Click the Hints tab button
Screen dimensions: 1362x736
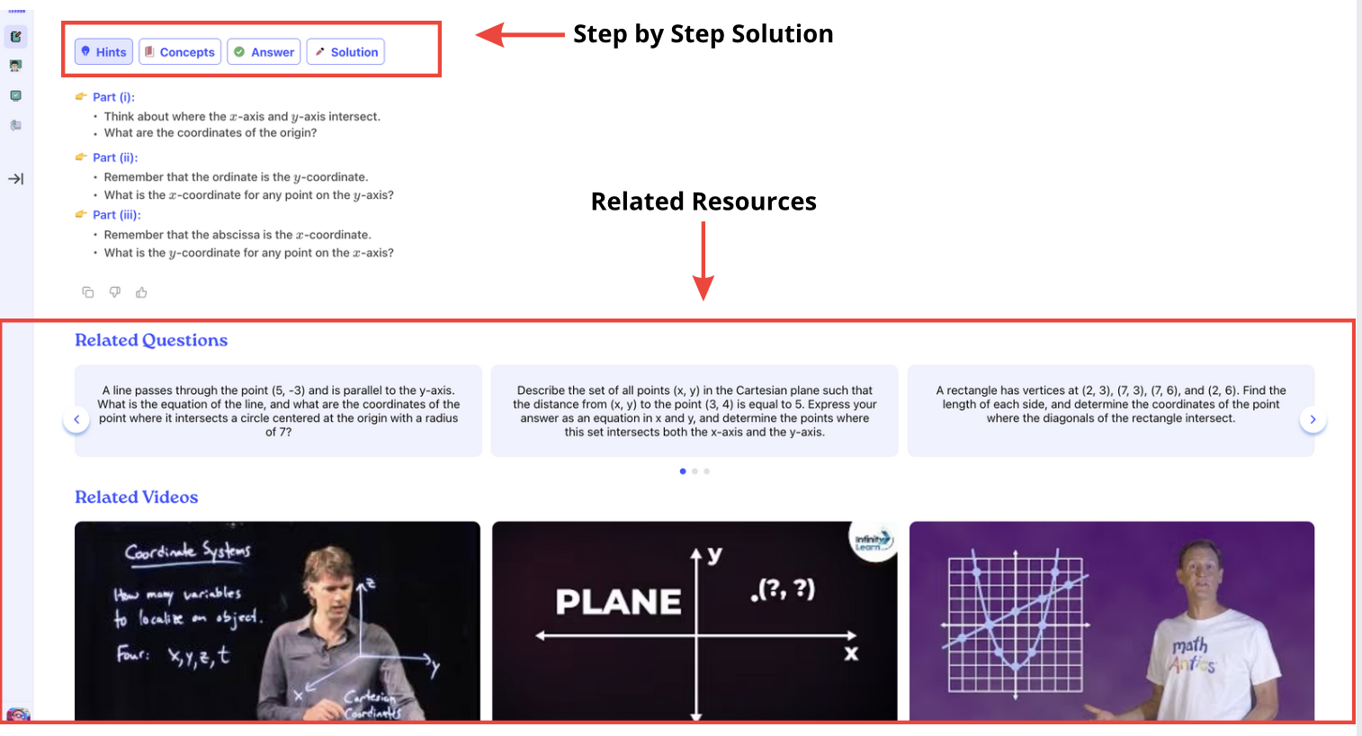103,51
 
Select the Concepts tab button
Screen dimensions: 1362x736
180,51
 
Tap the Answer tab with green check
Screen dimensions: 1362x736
264,51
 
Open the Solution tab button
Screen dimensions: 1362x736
345,51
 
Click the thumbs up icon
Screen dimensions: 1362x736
141,292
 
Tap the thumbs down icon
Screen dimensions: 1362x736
115,292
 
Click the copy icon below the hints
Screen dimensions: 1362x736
88,292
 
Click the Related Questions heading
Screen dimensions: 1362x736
151,340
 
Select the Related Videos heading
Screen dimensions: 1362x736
136,497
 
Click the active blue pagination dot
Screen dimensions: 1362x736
683,471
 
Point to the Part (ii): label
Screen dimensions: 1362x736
115,157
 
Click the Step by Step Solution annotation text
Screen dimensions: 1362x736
703,33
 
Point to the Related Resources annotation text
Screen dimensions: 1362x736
703,202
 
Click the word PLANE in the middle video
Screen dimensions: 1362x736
618,602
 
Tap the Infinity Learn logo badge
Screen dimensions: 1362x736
873,540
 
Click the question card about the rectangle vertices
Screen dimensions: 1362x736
1111,410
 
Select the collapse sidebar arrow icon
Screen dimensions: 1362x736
16,179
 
